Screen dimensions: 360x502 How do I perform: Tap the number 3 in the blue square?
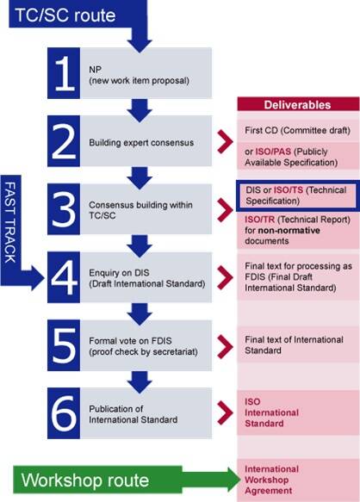pos(64,209)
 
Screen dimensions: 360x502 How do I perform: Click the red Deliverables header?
pos(298,105)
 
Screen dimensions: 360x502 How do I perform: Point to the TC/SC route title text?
pos(65,15)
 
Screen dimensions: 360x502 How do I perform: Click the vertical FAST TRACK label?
pos(10,222)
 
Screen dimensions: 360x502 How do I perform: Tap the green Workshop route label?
pos(85,480)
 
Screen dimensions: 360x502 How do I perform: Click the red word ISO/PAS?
pos(273,152)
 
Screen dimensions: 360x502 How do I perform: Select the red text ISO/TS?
pos(289,189)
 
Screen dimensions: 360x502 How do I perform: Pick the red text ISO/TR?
pos(260,220)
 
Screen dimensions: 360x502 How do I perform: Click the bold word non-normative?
pos(289,231)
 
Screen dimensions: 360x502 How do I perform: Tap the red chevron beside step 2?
pos(225,141)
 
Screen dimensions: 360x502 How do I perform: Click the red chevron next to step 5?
pos(225,346)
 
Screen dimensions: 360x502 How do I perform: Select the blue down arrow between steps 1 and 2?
pos(140,110)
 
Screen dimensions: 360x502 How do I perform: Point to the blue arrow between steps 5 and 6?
pos(140,382)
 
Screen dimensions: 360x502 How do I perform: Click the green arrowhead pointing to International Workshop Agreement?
pos(234,480)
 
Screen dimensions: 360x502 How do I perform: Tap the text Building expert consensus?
pos(141,142)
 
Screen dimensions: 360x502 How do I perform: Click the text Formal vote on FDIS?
pos(130,341)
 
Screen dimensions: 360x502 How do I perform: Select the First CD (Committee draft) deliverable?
pos(297,130)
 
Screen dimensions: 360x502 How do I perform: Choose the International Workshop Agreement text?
pos(271,480)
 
